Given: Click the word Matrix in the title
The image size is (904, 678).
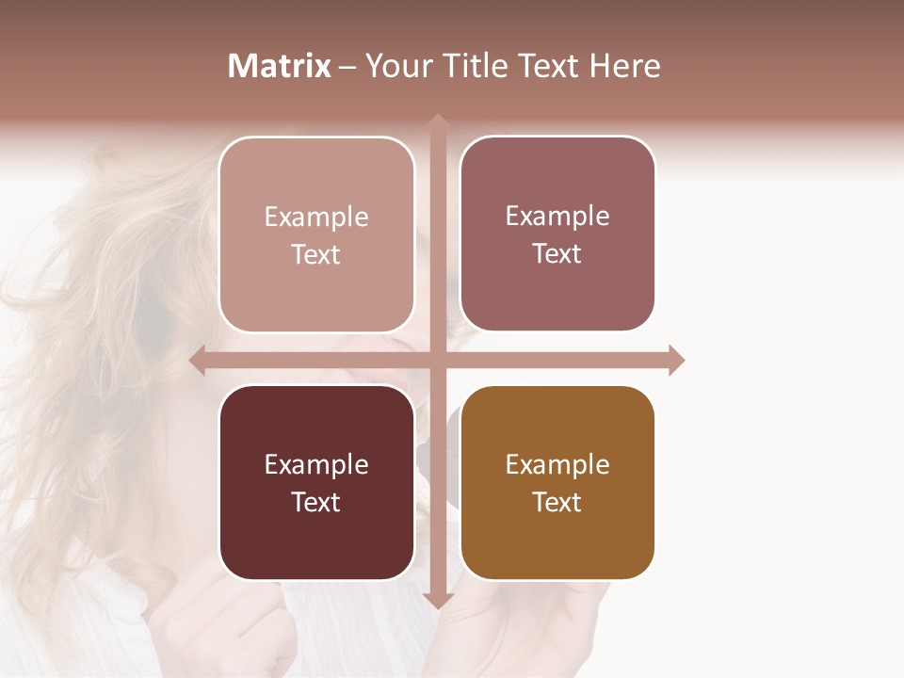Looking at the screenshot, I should click(280, 66).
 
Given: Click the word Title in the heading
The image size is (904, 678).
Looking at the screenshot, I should click(474, 66).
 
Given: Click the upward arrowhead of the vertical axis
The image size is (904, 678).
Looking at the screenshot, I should click(437, 121).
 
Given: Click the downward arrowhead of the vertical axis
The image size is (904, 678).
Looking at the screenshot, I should click(437, 601).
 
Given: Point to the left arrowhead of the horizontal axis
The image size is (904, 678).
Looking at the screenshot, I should click(198, 360).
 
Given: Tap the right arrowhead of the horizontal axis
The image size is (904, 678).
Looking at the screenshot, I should click(676, 360).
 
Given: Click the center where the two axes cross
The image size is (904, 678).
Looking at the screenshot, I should click(437, 360).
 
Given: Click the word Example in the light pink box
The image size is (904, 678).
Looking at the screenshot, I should click(316, 218).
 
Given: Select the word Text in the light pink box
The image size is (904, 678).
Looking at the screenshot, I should click(316, 254).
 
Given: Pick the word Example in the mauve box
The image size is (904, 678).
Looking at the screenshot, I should click(557, 217).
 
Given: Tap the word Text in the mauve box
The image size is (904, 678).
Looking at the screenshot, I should click(557, 253).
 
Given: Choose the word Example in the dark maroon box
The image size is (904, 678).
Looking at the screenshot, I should click(316, 465).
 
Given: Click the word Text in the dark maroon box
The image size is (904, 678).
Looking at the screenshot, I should click(316, 502).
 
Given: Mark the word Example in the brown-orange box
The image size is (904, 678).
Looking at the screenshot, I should click(557, 465).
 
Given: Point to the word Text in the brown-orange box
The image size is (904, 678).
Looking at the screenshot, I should click(557, 502).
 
